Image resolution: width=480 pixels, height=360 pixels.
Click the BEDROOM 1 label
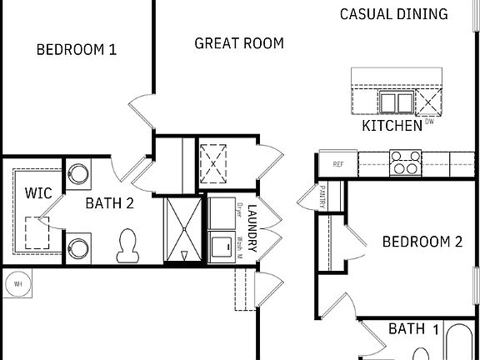click(x=76, y=50)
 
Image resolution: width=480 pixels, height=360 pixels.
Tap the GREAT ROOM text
click(x=238, y=43)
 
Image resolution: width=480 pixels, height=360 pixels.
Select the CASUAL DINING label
click(x=394, y=14)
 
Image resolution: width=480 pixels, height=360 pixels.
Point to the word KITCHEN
click(x=392, y=127)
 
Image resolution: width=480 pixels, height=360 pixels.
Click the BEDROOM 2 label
click(x=422, y=242)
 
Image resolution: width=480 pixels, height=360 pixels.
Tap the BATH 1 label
click(x=413, y=329)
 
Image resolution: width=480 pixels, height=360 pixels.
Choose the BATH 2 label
click(x=113, y=201)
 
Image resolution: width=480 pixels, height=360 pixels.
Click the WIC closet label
click(x=38, y=193)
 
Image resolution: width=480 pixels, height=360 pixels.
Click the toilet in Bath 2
click(x=129, y=243)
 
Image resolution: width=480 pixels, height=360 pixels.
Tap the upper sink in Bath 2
click(x=78, y=172)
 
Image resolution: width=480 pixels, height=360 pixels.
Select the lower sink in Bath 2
click(x=78, y=247)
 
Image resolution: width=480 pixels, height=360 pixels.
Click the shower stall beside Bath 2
click(x=182, y=228)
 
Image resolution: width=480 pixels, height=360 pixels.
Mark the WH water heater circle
click(x=16, y=284)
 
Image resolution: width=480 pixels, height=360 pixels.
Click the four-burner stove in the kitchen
click(x=405, y=161)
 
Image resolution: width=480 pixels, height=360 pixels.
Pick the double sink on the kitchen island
click(x=396, y=102)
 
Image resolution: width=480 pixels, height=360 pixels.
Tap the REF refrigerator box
click(x=337, y=164)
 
